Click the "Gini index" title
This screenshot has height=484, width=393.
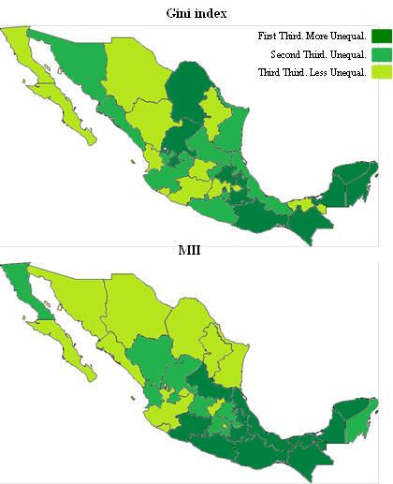tap(197, 12)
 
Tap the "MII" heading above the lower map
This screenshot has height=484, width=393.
tap(190, 252)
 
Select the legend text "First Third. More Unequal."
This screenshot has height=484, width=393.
tap(312, 36)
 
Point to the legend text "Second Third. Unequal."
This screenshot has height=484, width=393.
tap(317, 55)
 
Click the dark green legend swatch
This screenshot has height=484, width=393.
tap(381, 37)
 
